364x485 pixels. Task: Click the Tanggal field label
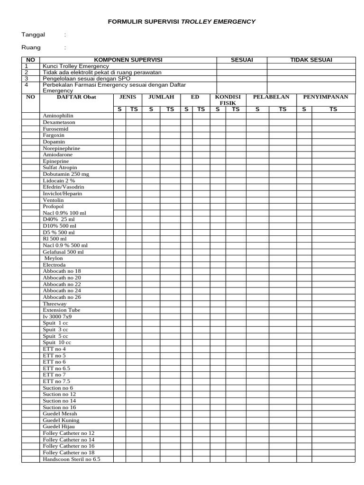pos(33,35)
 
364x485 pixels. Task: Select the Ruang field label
pos(31,47)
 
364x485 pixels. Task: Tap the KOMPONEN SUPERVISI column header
pos(128,60)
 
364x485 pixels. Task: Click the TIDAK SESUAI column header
pos(311,60)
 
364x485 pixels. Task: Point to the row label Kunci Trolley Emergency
pos(75,66)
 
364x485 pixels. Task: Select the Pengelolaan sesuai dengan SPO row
pos(86,79)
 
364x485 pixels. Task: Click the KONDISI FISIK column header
pos(228,100)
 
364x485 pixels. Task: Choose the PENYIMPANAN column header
pos(326,97)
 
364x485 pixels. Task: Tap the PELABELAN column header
pos(271,97)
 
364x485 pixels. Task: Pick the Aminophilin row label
pos(58,116)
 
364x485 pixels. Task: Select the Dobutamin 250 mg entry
pos(66,174)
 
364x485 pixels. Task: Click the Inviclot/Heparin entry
pos(63,194)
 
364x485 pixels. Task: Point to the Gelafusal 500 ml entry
pos(63,252)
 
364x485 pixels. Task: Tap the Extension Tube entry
pos(62,310)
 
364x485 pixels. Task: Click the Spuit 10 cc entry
pos(57,342)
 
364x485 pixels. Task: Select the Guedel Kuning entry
pos(61,420)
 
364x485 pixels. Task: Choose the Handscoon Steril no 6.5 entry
pos(72,459)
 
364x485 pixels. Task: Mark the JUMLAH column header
pos(161,97)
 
